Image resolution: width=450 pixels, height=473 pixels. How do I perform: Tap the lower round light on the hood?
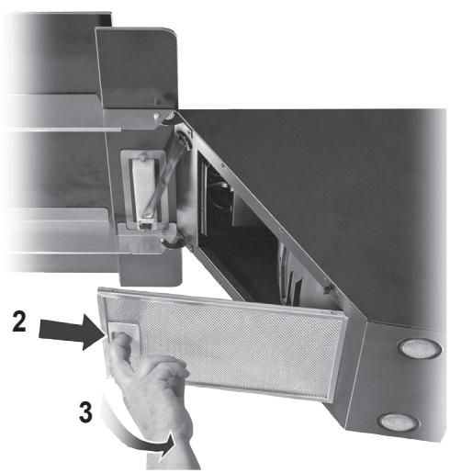point(398,422)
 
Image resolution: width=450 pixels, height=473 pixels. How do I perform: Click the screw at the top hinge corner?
point(163,117)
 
